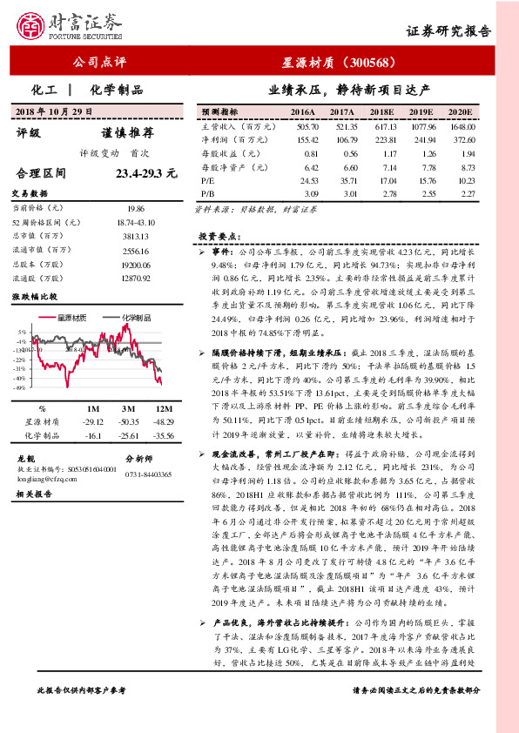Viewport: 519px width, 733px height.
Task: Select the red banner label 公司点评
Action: coord(97,63)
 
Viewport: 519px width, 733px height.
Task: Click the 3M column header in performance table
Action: coord(129,408)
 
